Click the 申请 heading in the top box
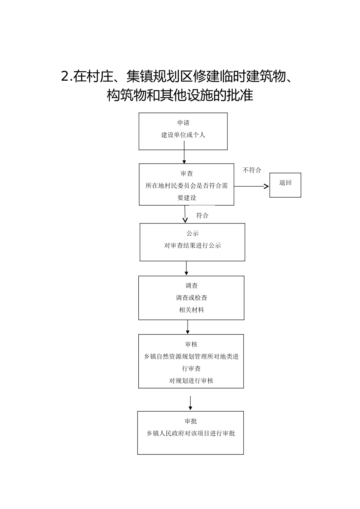coord(183,123)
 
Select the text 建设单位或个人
coord(183,135)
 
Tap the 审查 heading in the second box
coord(187,173)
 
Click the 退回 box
coord(285,185)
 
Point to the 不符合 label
coord(252,170)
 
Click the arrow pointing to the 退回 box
coord(251,186)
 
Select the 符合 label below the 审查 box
coord(202,215)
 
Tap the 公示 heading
coord(193,233)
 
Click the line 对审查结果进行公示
coord(193,245)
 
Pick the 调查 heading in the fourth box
coord(191,286)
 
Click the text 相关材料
coord(191,310)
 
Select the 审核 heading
coord(191,345)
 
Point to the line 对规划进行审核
coord(191,381)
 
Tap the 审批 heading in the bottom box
coord(191,421)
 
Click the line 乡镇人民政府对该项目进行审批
coord(191,433)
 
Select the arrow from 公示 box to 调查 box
coord(186,268)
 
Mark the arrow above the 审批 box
coord(190,403)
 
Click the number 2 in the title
coord(65,77)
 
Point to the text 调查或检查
coord(191,298)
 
